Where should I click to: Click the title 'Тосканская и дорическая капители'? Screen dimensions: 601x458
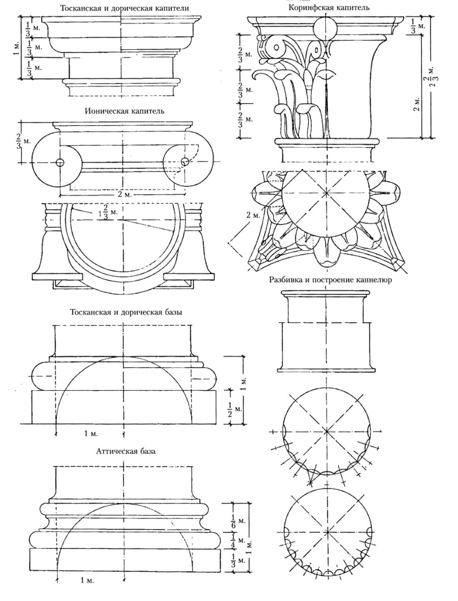121,8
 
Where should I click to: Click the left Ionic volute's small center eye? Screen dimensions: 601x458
60,162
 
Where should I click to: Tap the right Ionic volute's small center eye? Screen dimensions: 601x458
185,162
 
